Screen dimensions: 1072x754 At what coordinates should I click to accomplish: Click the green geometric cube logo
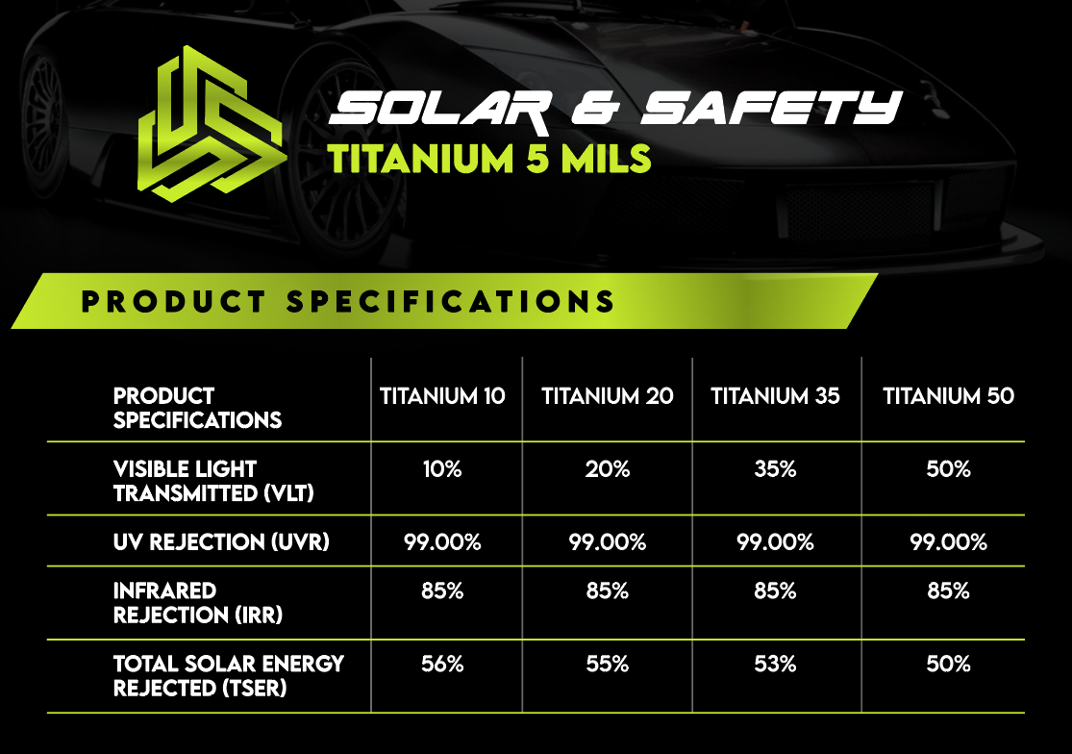212,124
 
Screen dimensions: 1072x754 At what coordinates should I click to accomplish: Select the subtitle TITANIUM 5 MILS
489,159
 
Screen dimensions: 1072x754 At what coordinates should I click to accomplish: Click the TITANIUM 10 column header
442,396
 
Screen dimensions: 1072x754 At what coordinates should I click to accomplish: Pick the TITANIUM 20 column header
607,396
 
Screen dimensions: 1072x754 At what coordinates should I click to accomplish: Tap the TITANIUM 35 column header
775,396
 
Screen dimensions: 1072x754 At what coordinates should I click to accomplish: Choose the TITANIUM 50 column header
948,396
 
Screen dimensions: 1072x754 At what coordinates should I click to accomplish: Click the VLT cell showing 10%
442,469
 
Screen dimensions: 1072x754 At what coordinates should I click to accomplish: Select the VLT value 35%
775,469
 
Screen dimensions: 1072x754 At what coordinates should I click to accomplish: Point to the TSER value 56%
442,664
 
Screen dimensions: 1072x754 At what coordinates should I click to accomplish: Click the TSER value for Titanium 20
607,664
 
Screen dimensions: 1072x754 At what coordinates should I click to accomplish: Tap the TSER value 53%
775,664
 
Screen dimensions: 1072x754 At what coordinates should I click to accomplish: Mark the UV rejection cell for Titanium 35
775,542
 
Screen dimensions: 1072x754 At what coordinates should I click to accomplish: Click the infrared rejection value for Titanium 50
948,591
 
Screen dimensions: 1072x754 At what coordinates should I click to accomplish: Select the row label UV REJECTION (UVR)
221,542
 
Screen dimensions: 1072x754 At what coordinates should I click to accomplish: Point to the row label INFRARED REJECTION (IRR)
198,603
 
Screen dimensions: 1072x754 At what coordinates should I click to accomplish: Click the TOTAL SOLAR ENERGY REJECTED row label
229,676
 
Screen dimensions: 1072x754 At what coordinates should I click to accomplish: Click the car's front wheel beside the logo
345,157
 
